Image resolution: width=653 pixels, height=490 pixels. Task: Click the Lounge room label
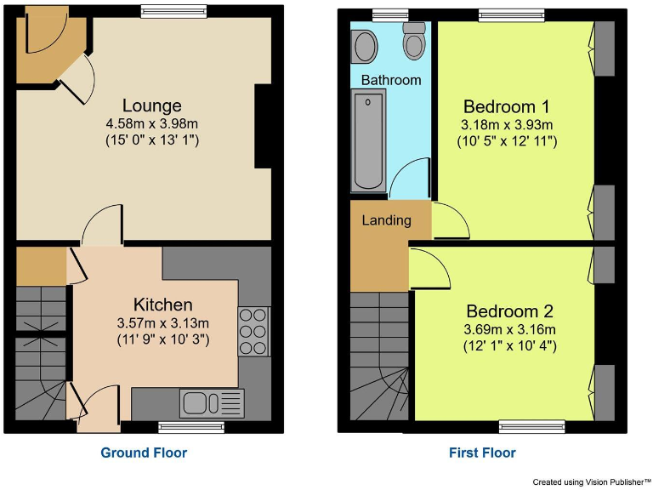pyautogui.click(x=151, y=106)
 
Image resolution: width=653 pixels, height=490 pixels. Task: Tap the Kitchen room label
pyautogui.click(x=162, y=305)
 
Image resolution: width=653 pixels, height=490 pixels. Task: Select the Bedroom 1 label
pyautogui.click(x=506, y=107)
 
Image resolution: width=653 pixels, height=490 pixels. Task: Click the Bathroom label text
pyautogui.click(x=391, y=80)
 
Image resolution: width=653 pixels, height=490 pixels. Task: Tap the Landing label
pyautogui.click(x=387, y=220)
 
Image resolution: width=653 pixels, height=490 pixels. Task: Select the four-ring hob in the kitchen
pyautogui.click(x=253, y=330)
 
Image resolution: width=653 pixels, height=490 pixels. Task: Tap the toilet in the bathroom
pyautogui.click(x=414, y=41)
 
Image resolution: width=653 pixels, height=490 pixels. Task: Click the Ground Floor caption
pyautogui.click(x=144, y=453)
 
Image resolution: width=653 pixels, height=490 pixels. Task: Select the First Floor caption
pyautogui.click(x=482, y=453)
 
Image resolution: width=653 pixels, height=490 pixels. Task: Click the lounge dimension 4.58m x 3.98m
pyautogui.click(x=151, y=124)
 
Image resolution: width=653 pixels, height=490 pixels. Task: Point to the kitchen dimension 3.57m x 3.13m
pyautogui.click(x=162, y=323)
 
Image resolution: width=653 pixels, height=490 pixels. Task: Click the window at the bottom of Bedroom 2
pyautogui.click(x=531, y=425)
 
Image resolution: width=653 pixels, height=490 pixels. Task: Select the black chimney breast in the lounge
pyautogui.click(x=263, y=127)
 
